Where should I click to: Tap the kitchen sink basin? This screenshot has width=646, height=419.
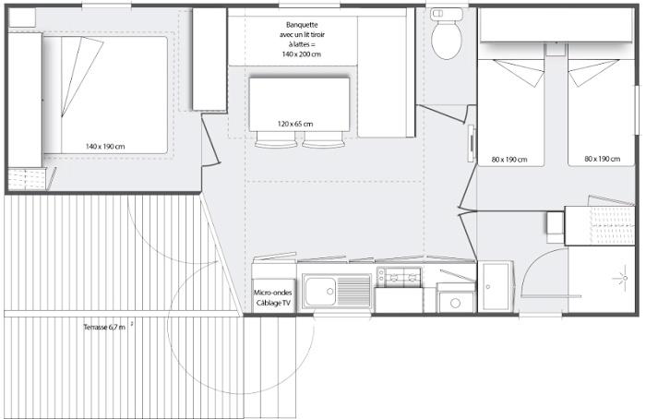tap(320, 292)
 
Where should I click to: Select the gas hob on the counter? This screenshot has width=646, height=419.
tap(400, 277)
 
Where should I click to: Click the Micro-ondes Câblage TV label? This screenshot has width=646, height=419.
tap(273, 297)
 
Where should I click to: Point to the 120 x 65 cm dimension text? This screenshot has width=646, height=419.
tap(295, 124)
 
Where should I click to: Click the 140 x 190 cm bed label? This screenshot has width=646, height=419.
tap(105, 146)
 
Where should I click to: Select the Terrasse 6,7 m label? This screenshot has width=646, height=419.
tap(104, 327)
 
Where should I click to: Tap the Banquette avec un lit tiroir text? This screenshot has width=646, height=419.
tap(302, 30)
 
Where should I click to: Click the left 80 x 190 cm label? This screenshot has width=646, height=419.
tap(509, 160)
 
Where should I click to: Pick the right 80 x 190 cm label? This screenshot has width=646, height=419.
tap(602, 159)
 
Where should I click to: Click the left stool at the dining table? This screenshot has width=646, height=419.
tap(275, 140)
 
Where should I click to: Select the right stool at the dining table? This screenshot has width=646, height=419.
tap(323, 140)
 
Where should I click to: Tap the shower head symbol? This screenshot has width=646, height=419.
tap(623, 278)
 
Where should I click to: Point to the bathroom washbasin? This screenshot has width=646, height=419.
tap(496, 286)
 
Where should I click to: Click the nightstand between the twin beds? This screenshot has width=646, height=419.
tap(556, 49)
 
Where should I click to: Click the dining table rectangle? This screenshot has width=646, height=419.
tap(299, 103)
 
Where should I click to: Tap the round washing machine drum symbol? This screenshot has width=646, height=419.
tap(455, 304)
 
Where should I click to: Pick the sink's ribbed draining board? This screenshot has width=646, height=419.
tap(353, 292)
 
